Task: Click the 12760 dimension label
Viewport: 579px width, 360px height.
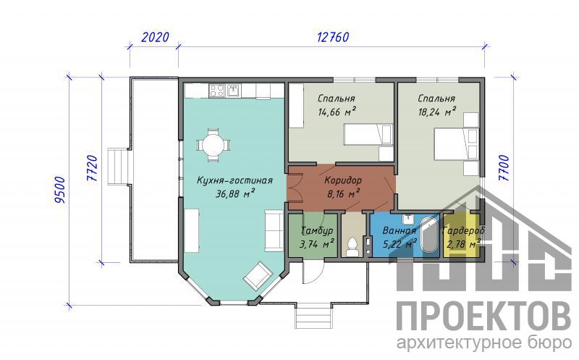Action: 333,37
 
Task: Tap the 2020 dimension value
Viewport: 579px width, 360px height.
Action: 155,37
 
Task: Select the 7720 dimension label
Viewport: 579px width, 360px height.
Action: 92,168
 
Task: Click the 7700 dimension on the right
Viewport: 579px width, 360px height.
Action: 504,168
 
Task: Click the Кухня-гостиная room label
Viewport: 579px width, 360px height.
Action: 234,180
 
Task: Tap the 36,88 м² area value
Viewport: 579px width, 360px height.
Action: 234,193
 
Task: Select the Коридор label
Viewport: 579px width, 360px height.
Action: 343,180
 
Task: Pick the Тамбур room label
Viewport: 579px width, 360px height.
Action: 317,230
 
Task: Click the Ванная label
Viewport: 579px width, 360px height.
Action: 399,230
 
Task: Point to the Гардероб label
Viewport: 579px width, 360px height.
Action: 463,230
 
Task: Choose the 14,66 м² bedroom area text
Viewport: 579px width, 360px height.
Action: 337,112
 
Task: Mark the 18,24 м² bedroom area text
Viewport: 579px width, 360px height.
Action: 436,112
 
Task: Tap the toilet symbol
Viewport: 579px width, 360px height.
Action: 353,247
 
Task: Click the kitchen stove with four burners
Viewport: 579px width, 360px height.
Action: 216,91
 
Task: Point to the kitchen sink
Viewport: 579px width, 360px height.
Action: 233,91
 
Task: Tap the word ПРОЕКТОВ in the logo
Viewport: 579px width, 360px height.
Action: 483,317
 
